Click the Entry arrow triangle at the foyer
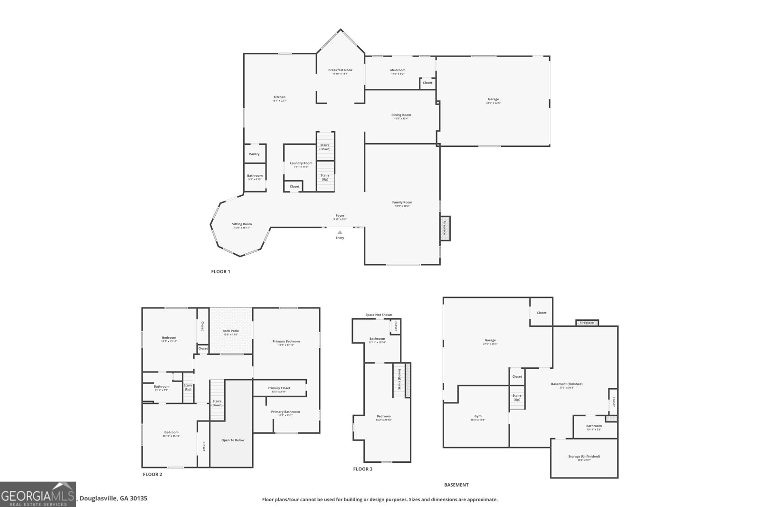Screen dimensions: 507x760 340,232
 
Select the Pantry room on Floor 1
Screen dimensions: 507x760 255,154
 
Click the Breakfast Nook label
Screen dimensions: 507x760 340,70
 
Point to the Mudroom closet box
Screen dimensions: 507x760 427,83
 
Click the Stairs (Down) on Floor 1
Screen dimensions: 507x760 325,147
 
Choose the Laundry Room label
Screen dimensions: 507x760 301,163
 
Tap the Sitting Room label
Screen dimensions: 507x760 242,224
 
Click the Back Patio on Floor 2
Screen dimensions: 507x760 231,331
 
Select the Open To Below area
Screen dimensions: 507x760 232,440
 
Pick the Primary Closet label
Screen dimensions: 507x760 279,388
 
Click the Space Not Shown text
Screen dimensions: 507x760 379,315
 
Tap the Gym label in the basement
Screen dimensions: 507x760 478,416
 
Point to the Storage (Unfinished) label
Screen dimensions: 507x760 584,456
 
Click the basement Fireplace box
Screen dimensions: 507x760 587,323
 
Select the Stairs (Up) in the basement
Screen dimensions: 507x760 517,397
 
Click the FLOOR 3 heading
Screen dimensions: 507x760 362,469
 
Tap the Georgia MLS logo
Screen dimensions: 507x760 38,494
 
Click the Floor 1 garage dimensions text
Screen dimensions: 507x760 493,103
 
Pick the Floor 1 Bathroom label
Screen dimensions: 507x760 255,175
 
